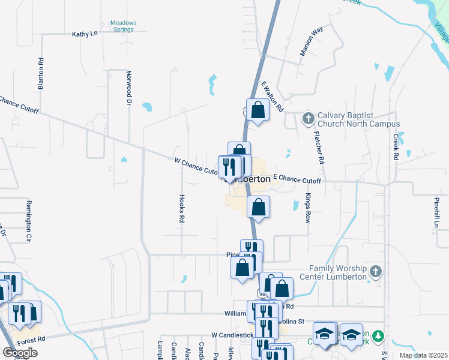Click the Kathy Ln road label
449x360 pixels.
point(85,34)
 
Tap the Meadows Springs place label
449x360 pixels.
point(123,27)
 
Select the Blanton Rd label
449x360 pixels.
point(41,74)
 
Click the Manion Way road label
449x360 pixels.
point(312,41)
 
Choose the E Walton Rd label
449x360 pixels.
point(272,97)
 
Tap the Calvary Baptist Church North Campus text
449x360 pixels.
point(358,119)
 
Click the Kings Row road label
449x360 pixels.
point(308,208)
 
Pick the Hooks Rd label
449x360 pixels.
point(181,208)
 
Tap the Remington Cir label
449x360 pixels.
point(28,221)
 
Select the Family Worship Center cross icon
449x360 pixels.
point(376,272)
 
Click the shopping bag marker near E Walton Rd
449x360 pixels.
point(258,110)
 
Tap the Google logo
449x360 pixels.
point(20,353)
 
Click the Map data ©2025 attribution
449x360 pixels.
point(423,355)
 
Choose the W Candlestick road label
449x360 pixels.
point(230,334)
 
